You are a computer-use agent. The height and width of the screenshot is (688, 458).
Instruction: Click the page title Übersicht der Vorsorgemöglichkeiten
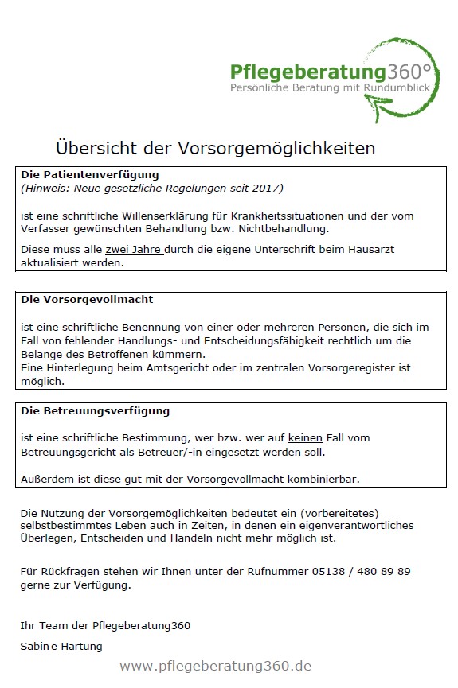pyautogui.click(x=215, y=148)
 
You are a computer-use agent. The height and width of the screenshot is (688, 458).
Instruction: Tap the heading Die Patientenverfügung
pyautogui.click(x=90, y=174)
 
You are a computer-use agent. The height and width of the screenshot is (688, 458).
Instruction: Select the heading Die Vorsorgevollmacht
pyautogui.click(x=87, y=300)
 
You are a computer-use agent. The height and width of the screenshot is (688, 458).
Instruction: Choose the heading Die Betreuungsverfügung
pyautogui.click(x=95, y=411)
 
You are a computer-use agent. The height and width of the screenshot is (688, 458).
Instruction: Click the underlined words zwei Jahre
pyautogui.click(x=134, y=249)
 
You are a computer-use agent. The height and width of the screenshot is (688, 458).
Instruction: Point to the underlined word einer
pyautogui.click(x=221, y=327)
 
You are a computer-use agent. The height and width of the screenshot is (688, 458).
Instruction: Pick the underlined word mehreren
pyautogui.click(x=294, y=327)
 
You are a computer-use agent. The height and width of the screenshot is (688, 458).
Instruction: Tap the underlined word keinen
pyautogui.click(x=305, y=438)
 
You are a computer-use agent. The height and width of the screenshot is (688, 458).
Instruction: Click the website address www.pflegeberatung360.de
pyautogui.click(x=215, y=666)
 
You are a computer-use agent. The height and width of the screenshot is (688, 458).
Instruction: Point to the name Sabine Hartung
pyautogui.click(x=61, y=646)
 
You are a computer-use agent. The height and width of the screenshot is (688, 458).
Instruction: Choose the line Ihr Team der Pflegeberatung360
pyautogui.click(x=105, y=625)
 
